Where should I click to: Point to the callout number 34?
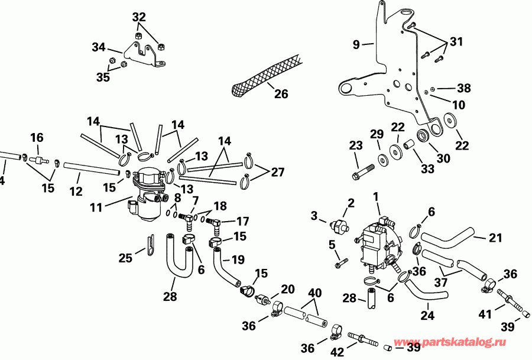(98, 47)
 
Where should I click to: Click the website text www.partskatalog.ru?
(460, 342)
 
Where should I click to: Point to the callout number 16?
(37, 138)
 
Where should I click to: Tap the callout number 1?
(375, 195)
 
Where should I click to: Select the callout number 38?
(464, 88)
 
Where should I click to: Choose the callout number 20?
(288, 289)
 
